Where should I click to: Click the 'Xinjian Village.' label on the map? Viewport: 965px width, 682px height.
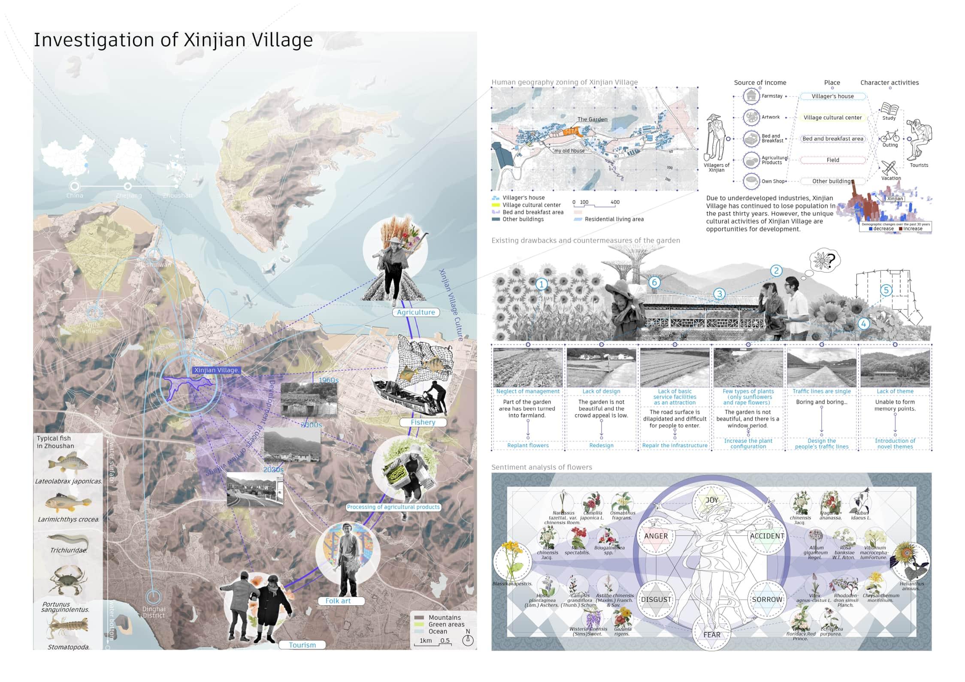tap(216, 370)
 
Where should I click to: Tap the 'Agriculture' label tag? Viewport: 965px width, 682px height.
tap(416, 312)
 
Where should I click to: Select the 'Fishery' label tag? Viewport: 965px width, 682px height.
tap(423, 422)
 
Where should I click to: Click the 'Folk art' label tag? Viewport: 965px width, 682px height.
tap(338, 601)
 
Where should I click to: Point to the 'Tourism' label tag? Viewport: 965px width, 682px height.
tap(302, 645)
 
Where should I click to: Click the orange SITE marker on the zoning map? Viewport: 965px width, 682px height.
tap(570, 132)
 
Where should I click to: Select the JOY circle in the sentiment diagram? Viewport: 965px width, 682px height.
tap(711, 501)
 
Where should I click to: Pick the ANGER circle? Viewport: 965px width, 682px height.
tap(656, 536)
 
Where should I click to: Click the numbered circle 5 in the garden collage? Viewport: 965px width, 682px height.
tap(886, 290)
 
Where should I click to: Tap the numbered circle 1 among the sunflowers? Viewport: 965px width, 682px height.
tap(541, 284)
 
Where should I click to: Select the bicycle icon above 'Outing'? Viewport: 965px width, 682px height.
tap(889, 136)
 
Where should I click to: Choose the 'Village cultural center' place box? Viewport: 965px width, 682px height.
tap(832, 118)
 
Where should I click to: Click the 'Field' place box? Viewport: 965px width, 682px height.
tap(832, 160)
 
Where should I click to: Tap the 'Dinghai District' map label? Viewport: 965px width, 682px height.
tap(154, 612)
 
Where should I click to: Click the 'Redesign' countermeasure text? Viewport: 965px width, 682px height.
tap(601, 446)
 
